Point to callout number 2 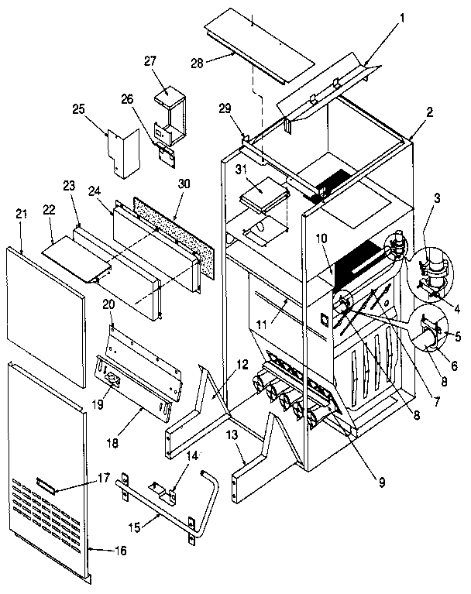click(x=430, y=111)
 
